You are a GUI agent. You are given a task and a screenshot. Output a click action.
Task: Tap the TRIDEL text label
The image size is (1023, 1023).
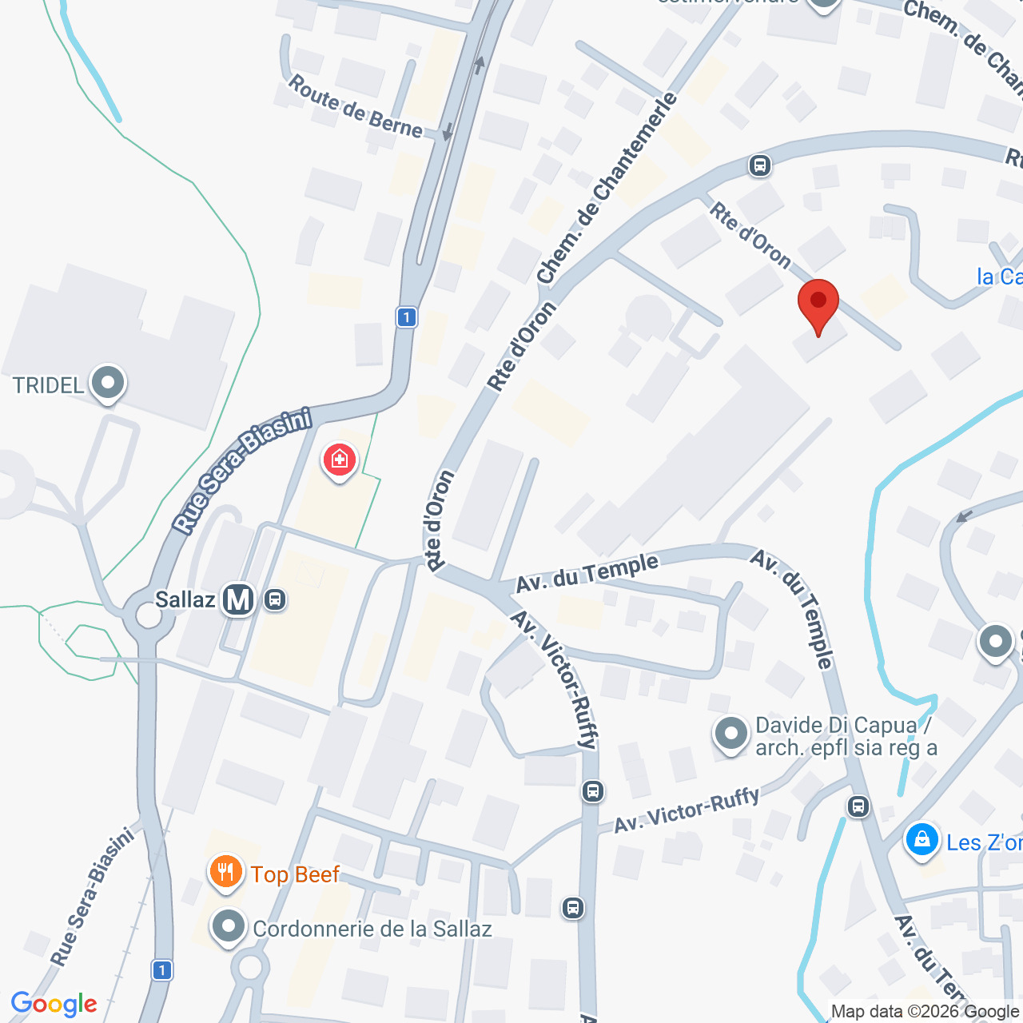(x=48, y=386)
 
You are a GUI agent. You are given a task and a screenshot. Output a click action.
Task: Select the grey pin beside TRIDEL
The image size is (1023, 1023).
(x=107, y=384)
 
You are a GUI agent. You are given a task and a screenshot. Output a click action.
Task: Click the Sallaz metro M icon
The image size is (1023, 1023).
(x=238, y=599)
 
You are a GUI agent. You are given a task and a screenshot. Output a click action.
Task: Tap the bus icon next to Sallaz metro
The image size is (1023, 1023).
(x=275, y=599)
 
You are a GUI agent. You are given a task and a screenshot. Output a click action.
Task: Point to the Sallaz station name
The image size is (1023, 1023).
(x=185, y=599)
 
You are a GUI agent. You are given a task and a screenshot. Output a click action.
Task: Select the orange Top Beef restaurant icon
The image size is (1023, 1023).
(x=226, y=872)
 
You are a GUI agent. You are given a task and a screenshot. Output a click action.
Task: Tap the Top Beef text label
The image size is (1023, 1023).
(x=295, y=875)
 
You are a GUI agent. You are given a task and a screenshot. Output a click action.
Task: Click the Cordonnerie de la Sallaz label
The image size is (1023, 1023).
(x=372, y=929)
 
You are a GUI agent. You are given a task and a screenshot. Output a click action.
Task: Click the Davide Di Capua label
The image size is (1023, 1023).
(x=845, y=736)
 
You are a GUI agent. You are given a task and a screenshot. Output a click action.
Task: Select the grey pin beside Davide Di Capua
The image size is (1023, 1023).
(x=730, y=734)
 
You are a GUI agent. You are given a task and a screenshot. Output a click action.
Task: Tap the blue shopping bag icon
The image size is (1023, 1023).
(x=922, y=840)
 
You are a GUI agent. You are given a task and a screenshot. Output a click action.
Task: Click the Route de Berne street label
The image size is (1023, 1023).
(x=355, y=106)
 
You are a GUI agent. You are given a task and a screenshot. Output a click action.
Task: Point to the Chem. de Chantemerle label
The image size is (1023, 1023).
(x=607, y=189)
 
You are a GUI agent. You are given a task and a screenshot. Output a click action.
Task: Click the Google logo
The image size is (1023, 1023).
(x=54, y=1004)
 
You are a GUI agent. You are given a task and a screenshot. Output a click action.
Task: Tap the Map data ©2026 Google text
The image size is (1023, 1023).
(x=925, y=1012)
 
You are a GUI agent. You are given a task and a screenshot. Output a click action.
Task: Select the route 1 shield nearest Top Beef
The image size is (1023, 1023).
(x=161, y=970)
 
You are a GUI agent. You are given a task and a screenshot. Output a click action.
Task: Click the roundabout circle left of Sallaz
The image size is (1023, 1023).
(x=149, y=616)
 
